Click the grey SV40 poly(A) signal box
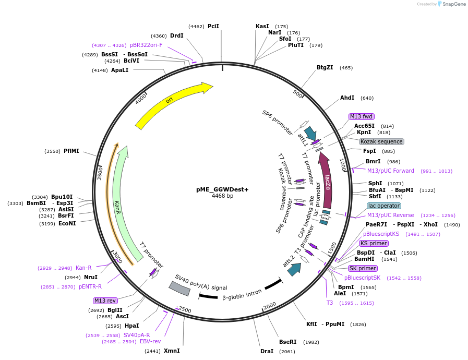click(179, 288)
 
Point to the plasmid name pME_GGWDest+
click(222, 189)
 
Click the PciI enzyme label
click(213, 26)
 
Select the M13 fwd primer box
click(362, 116)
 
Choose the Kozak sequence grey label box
click(381, 141)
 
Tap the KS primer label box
click(374, 243)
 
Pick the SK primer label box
click(363, 268)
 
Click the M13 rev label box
click(105, 301)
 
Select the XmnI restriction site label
click(172, 351)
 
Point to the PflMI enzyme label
click(71, 151)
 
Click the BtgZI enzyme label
click(325, 67)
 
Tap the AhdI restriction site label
click(347, 98)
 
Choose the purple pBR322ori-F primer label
click(146, 45)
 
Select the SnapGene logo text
click(452, 4)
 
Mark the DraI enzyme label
click(267, 351)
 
